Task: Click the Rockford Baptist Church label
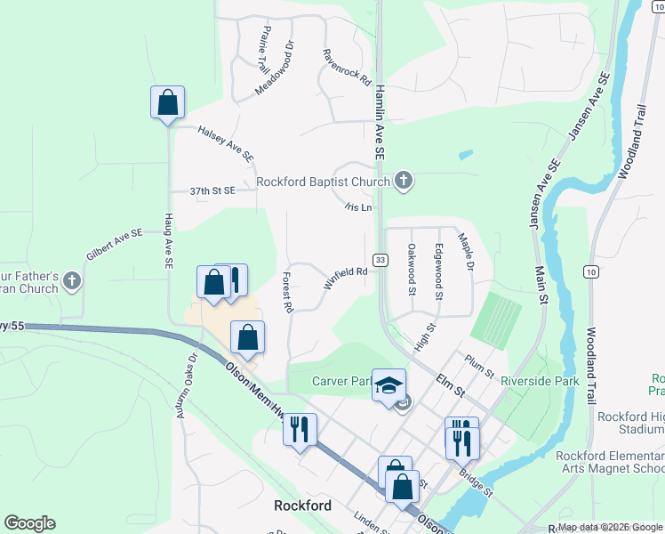pos(323,182)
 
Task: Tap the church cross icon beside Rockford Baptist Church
pos(404,182)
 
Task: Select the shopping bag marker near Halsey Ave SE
pos(167,103)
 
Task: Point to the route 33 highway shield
pos(381,260)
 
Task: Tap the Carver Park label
pos(341,382)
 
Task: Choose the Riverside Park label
pos(540,381)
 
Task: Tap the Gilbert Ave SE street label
pos(115,244)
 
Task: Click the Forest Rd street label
pos(288,292)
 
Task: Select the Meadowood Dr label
pos(274,67)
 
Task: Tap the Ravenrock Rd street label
pos(347,66)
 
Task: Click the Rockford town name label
pos(302,506)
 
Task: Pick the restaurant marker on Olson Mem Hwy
pos(300,430)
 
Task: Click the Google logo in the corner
pos(29,523)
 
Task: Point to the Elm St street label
pos(450,385)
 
